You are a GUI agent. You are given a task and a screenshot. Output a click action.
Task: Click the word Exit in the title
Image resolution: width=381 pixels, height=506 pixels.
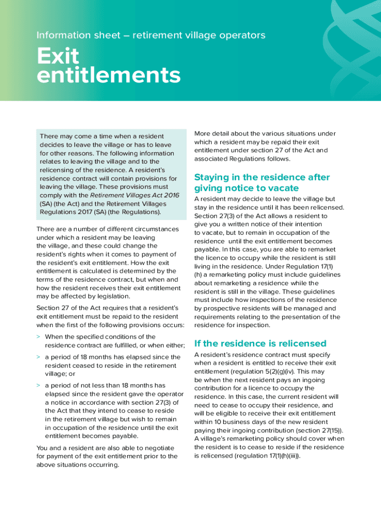(58, 57)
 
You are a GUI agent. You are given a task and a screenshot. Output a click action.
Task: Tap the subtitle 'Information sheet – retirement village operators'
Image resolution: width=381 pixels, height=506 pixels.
(151, 35)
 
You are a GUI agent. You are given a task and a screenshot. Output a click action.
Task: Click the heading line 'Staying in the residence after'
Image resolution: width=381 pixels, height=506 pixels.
(262, 177)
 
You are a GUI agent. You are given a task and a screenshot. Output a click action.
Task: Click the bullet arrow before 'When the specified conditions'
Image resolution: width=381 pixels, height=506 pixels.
(39, 336)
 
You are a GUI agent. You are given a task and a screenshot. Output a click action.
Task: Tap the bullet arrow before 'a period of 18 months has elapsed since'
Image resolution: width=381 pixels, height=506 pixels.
(39, 357)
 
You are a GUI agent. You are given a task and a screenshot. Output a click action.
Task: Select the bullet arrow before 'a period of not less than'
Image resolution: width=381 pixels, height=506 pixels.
(39, 385)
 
